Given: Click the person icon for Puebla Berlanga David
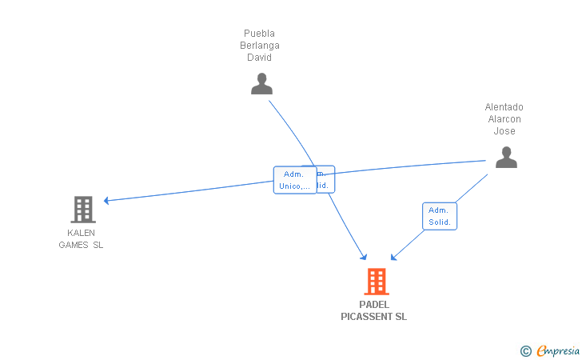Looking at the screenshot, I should click(x=261, y=83).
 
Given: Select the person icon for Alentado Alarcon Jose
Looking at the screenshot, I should click(x=506, y=157).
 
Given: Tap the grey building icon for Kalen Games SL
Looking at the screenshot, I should click(x=82, y=210).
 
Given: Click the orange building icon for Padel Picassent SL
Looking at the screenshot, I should click(x=377, y=282).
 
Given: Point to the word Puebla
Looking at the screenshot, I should click(x=259, y=34).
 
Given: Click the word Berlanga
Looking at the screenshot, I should click(x=260, y=46).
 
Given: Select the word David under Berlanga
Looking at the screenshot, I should click(x=259, y=58).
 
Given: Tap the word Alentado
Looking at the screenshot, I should click(x=504, y=107).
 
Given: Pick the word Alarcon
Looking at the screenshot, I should click(x=504, y=119).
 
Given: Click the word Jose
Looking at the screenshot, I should click(x=504, y=131).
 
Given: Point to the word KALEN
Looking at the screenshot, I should click(x=81, y=233).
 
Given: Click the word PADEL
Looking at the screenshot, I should click(x=373, y=305).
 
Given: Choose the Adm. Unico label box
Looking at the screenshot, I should click(x=294, y=180).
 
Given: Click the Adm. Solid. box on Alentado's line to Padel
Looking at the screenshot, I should click(x=440, y=216).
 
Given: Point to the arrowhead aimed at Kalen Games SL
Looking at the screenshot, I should click(x=107, y=200).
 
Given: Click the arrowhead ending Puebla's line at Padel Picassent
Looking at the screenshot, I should click(x=364, y=257).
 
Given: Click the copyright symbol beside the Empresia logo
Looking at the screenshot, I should click(x=525, y=350).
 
